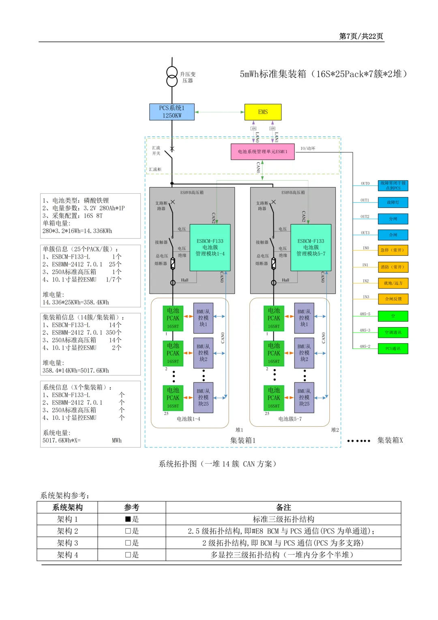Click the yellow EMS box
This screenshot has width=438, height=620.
pyautogui.click(x=263, y=112)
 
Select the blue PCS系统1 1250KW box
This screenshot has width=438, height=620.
pyautogui.click(x=172, y=112)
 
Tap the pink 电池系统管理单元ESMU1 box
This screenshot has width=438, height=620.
pyautogui.click(x=262, y=151)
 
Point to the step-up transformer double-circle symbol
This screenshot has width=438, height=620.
pyautogui.click(x=172, y=77)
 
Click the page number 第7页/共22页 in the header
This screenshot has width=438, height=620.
pyautogui.click(x=361, y=36)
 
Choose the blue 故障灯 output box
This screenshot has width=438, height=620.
pyautogui.click(x=393, y=202)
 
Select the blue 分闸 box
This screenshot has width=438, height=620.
pyautogui.click(x=393, y=219)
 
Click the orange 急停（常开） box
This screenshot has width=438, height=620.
pyautogui.click(x=393, y=250)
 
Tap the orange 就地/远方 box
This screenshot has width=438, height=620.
pyautogui.click(x=393, y=283)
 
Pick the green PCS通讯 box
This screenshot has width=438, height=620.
pyautogui.click(x=393, y=348)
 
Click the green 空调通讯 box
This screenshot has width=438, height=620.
pyautogui.click(x=393, y=333)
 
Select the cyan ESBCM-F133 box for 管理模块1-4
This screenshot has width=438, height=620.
pyautogui.click(x=210, y=247)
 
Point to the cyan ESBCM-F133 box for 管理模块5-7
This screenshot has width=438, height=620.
pyautogui.click(x=311, y=247)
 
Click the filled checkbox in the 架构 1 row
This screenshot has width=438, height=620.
pyautogui.click(x=128, y=519)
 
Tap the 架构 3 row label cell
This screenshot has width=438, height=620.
pyautogui.click(x=67, y=543)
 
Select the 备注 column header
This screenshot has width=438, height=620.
pyautogui.click(x=283, y=508)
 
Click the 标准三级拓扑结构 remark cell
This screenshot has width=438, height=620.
pyautogui.click(x=283, y=519)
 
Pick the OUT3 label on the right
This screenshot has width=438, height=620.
pyautogui.click(x=365, y=233)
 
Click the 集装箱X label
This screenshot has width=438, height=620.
pyautogui.click(x=390, y=441)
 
